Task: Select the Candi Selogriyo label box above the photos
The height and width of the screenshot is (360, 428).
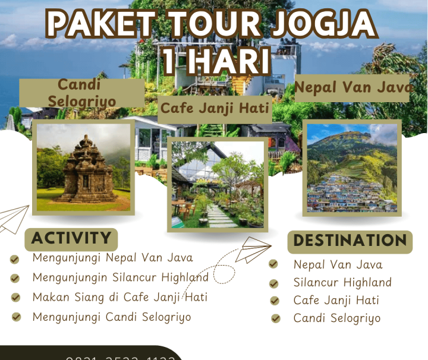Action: tap(81, 93)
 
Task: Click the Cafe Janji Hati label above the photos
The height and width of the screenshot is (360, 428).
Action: tap(215, 109)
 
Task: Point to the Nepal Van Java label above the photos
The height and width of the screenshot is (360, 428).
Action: tap(354, 88)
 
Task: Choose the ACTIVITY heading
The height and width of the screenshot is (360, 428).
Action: tap(71, 239)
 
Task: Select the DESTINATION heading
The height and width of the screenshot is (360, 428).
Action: tap(350, 241)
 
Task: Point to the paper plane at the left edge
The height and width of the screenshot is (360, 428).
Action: tap(13, 219)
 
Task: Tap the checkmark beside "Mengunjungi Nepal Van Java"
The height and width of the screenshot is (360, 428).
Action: tap(15, 259)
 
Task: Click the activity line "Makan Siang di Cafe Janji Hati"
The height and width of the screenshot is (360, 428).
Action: tap(119, 296)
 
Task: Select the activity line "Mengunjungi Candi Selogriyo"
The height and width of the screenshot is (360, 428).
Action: tap(112, 317)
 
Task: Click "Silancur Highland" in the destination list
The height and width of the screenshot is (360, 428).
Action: tap(342, 282)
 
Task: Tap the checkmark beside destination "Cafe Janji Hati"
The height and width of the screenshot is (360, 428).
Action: tap(275, 301)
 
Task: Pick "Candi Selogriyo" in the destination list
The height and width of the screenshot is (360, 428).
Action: tap(336, 318)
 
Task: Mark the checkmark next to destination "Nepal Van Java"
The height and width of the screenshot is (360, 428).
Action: tap(273, 264)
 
